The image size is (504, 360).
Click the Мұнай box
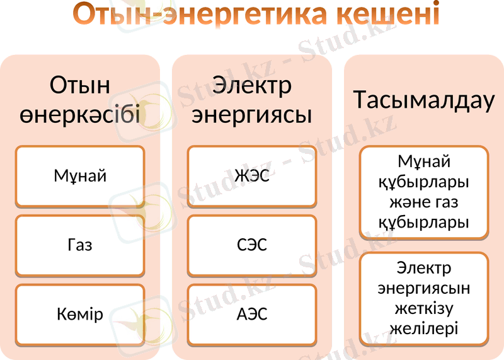click(80, 176)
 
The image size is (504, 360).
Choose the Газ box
click(80, 245)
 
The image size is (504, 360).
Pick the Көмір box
click(80, 314)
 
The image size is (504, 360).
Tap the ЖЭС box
click(252, 176)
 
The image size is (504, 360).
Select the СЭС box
click(252, 245)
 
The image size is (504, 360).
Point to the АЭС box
click(252, 314)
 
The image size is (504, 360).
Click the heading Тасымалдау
click(424, 100)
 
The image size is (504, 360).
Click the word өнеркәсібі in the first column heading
click(80, 115)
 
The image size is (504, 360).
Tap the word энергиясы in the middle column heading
click(252, 115)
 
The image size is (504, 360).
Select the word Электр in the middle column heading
click(252, 85)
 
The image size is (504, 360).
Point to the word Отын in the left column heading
click(80, 85)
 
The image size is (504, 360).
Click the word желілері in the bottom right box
click(424, 328)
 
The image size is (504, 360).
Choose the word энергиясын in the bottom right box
click(424, 288)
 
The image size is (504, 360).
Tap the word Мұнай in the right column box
click(424, 162)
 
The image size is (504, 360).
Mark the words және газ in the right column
click(424, 202)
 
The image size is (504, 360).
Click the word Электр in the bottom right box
click(424, 268)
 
